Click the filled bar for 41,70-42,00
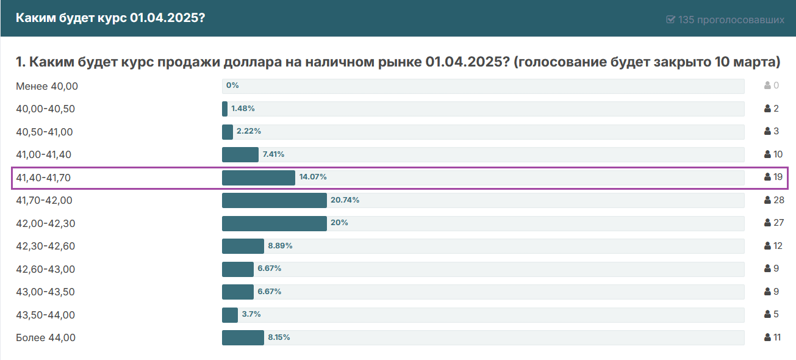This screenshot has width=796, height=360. (x=274, y=200)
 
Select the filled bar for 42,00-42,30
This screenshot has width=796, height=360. (x=274, y=223)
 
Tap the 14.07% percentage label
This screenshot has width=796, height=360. (x=313, y=177)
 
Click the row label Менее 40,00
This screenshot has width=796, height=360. (x=47, y=86)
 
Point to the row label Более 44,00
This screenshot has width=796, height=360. (x=46, y=337)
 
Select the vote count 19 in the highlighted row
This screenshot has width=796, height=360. (x=778, y=177)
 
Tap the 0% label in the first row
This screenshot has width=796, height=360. (x=232, y=85)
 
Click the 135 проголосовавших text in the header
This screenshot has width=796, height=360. (x=731, y=20)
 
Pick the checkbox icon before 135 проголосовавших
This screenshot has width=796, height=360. (x=671, y=20)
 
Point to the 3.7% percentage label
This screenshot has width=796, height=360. (x=251, y=314)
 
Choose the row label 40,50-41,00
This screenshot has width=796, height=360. (x=45, y=132)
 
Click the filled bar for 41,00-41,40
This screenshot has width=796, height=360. (x=240, y=154)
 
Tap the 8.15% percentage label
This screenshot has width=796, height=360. (x=279, y=337)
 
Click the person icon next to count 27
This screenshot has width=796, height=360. (x=767, y=223)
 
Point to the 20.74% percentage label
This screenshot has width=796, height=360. (x=345, y=200)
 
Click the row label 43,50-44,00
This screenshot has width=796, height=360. (x=45, y=315)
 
